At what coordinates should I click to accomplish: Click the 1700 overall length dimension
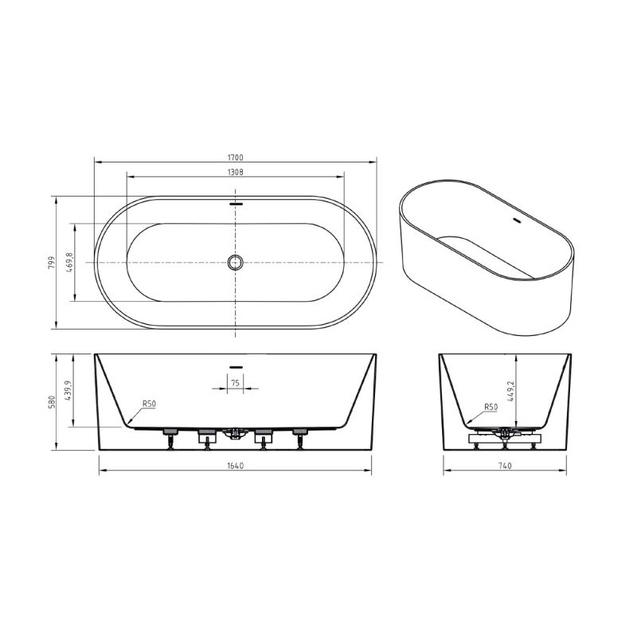click(236, 158)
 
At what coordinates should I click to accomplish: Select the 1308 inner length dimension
click(236, 171)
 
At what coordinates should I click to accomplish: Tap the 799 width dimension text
click(49, 262)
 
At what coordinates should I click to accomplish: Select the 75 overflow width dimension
click(236, 383)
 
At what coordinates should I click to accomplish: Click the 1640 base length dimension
click(236, 466)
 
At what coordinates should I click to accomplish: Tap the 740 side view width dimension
click(506, 466)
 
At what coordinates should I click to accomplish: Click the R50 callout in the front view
click(148, 404)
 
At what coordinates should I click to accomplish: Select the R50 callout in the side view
click(490, 407)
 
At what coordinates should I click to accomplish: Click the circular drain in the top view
click(236, 262)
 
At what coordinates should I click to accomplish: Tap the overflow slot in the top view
click(236, 203)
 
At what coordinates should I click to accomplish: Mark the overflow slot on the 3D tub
click(515, 221)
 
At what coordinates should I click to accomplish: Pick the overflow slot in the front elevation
click(236, 366)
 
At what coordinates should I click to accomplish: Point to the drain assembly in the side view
click(504, 436)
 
